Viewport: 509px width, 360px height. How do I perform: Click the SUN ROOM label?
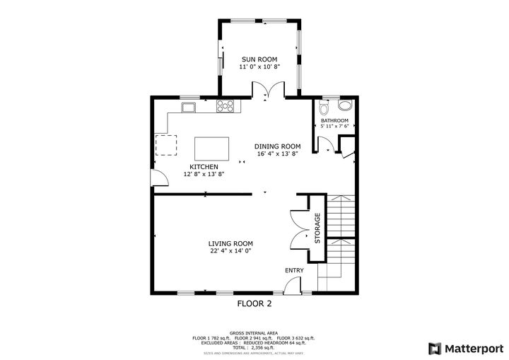pos(259,59)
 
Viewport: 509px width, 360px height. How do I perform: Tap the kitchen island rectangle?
pos(212,149)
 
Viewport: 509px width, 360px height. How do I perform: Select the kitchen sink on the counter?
pos(189,108)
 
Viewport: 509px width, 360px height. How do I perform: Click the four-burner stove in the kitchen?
pos(225,107)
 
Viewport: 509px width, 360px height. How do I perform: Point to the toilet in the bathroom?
pos(324,109)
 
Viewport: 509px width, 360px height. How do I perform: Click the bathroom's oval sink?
pos(345,106)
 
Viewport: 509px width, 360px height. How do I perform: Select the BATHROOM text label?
pos(334,121)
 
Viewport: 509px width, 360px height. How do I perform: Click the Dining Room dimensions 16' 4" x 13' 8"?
pos(277,154)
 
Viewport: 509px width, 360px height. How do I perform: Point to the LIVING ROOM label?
pos(230,243)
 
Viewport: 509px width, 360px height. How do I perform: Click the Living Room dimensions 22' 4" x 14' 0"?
pos(230,251)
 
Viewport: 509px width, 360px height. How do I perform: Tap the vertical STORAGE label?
pos(317,228)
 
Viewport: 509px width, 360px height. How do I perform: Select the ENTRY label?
pos(294,271)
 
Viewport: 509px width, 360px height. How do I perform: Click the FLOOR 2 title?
pos(254,305)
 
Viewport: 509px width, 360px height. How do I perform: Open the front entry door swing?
pos(291,285)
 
